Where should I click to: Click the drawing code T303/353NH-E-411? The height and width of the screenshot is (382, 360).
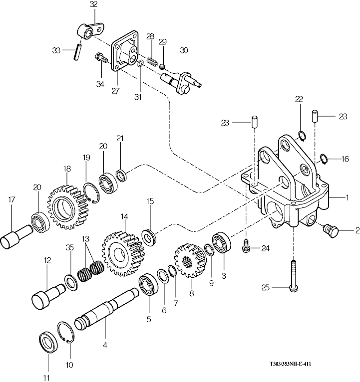pyautogui.click(x=290, y=364)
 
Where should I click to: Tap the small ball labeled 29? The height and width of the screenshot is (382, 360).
pyautogui.click(x=162, y=66)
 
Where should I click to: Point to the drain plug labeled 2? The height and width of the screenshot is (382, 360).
pyautogui.click(x=331, y=230)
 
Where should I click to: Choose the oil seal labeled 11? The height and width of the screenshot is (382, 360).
pyautogui.click(x=48, y=342)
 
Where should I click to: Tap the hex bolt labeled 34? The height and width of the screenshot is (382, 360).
pyautogui.click(x=101, y=58)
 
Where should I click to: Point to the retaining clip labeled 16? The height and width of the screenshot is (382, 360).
pyautogui.click(x=324, y=159)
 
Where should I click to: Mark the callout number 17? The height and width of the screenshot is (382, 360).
pyautogui.click(x=11, y=200)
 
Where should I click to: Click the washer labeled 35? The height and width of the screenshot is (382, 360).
pyautogui.click(x=71, y=282)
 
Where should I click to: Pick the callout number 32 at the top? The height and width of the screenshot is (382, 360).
pyautogui.click(x=93, y=4)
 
